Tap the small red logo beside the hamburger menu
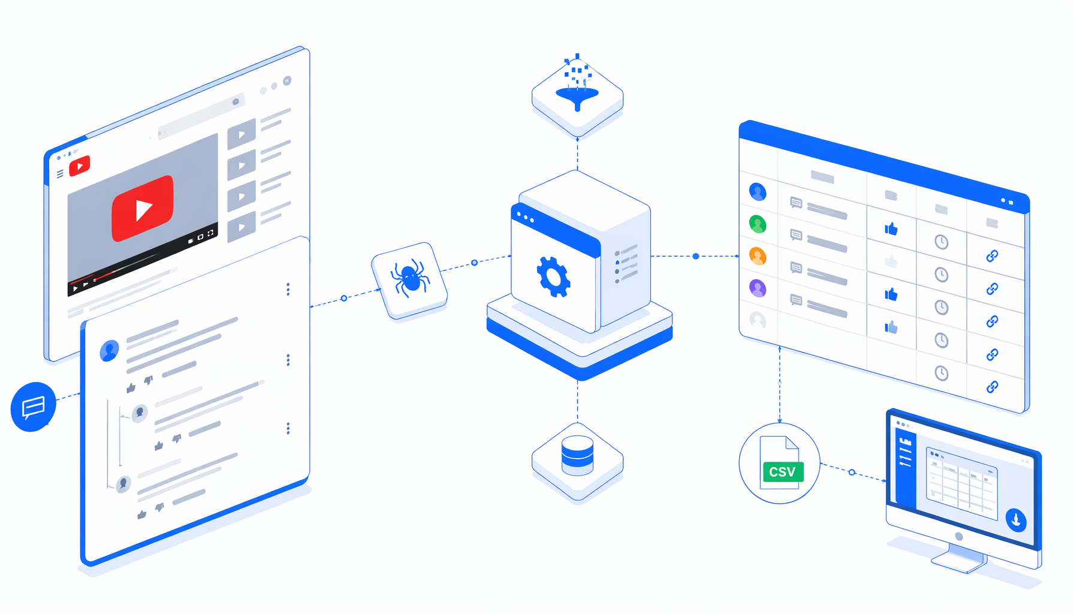coord(80,166)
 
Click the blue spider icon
coord(410,278)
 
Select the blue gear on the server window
coord(554,277)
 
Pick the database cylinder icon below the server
coord(577,456)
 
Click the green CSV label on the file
coord(782,472)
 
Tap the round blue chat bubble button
coord(34,407)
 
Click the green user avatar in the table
coord(758,224)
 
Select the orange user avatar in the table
coord(758,257)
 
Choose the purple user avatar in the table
coord(758,289)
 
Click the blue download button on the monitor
coord(1016,520)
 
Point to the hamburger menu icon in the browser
coord(60,174)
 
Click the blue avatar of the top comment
coord(109,351)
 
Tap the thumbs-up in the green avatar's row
coord(891,228)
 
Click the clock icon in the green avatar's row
coord(942,242)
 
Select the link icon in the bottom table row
coord(992,387)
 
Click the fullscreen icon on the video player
coord(210,233)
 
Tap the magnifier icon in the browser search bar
coord(236,102)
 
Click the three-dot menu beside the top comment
coord(288,360)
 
